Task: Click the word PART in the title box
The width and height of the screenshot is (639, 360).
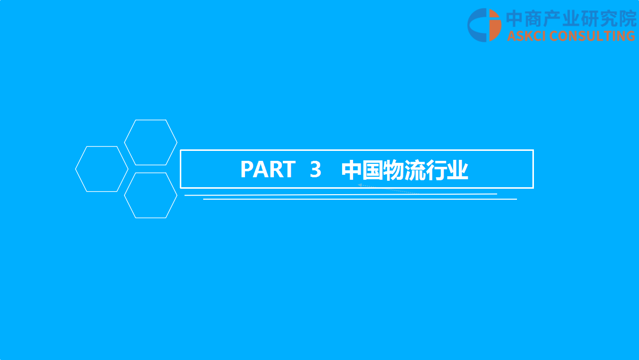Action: [268, 169]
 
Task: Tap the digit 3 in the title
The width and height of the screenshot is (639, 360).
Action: [315, 169]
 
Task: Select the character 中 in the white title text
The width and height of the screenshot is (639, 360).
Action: [352, 170]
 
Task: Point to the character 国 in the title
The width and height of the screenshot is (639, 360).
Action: [373, 170]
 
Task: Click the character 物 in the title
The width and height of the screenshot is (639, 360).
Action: [393, 170]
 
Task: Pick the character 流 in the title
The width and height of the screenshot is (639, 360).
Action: [415, 170]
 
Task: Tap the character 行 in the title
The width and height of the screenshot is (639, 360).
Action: [436, 170]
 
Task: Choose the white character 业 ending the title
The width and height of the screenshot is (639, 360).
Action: [458, 170]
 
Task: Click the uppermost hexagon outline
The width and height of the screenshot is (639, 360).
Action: [125, 142]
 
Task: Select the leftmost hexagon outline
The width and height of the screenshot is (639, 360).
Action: [76, 169]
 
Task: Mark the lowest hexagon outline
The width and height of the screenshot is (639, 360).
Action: [125, 195]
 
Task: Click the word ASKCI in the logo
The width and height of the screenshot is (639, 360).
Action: [526, 36]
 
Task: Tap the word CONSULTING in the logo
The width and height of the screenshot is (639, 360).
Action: [592, 36]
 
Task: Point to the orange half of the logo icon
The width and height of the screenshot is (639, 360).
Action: [496, 25]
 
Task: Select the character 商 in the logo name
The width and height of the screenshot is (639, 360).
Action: [533, 18]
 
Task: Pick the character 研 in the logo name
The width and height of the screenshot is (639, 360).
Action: [591, 18]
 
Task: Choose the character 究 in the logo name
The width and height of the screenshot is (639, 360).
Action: [609, 18]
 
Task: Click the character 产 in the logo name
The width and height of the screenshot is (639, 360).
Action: [552, 18]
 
